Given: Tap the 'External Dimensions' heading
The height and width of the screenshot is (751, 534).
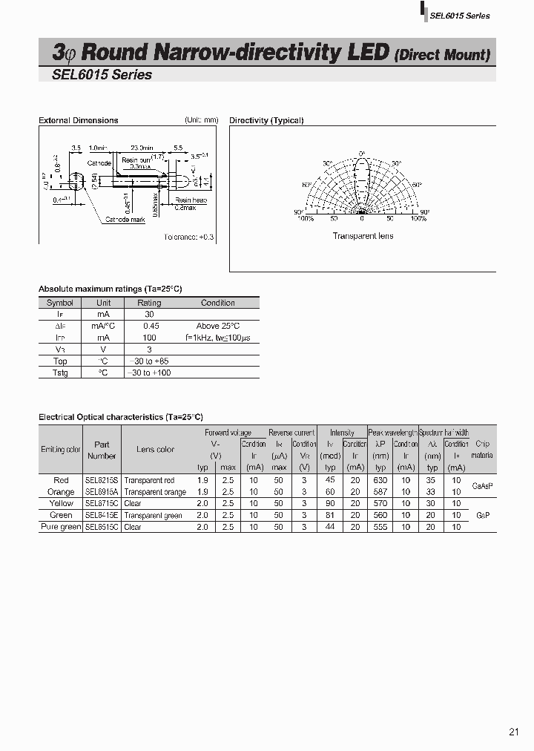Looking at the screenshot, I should [78, 120].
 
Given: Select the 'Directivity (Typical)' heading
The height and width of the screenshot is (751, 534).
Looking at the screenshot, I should [266, 120].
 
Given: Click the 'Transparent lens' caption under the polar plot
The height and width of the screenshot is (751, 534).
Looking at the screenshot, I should [363, 236].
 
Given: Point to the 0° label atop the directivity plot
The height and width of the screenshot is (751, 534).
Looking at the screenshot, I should [362, 153].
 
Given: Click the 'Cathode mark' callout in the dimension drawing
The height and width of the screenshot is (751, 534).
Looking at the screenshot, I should [125, 220].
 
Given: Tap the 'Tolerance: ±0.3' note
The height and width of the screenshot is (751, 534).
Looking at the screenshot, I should [188, 237].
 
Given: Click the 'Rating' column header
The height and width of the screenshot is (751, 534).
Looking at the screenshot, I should [149, 303].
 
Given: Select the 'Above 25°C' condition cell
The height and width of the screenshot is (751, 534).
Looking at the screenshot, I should [218, 326].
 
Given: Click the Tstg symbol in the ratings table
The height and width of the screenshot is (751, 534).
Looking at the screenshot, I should [60, 373].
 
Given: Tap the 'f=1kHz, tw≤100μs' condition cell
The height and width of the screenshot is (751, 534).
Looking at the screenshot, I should [218, 338].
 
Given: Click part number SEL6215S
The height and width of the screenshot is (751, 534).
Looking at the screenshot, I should [101, 480].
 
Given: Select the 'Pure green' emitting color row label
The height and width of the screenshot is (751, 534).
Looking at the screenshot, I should [60, 527].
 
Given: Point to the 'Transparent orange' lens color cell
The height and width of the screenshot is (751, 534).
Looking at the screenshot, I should [155, 492].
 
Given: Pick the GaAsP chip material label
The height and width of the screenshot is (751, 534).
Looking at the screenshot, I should [481, 486].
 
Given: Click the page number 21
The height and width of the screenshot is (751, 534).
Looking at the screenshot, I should [514, 732].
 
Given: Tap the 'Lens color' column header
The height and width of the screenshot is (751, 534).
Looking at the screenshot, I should [156, 450].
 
